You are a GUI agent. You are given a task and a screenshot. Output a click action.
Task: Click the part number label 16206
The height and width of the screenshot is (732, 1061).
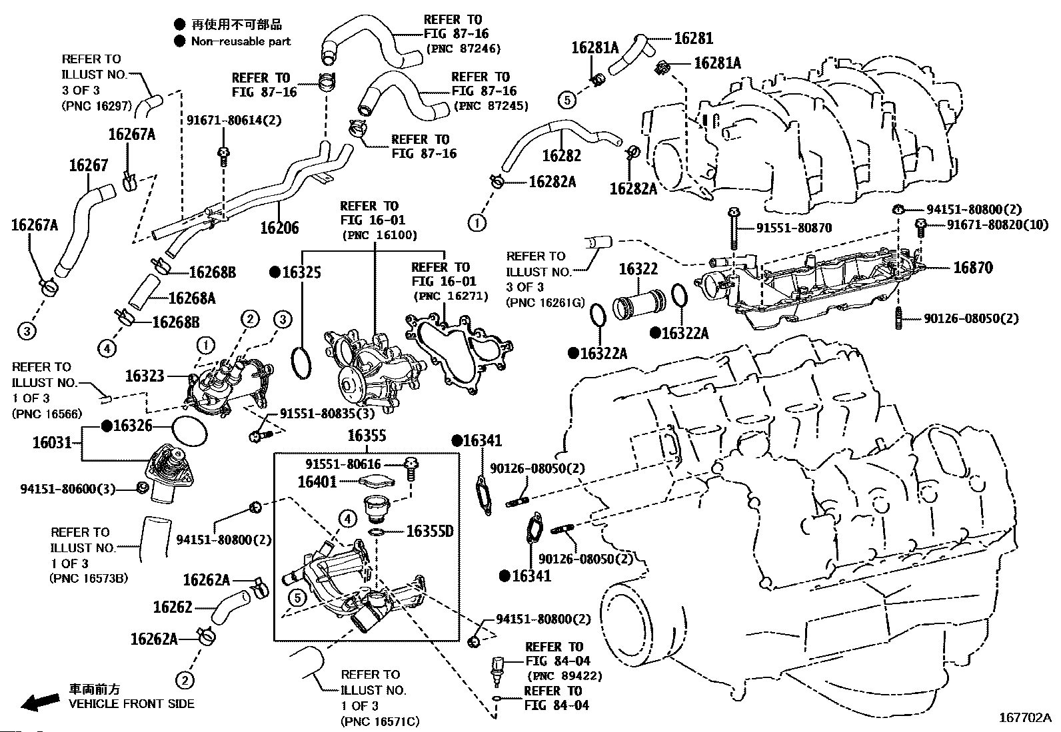click(x=279, y=228)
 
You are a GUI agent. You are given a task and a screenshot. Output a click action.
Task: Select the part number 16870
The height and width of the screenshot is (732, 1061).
click(x=972, y=268)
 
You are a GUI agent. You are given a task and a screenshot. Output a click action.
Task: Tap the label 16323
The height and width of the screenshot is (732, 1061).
click(x=145, y=376)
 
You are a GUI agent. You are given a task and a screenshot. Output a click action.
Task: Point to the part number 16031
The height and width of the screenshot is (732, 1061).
click(x=52, y=443)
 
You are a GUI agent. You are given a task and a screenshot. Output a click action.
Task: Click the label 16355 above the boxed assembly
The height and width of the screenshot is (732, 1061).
click(x=367, y=436)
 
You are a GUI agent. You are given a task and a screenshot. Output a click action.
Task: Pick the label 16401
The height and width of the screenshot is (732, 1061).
click(x=317, y=482)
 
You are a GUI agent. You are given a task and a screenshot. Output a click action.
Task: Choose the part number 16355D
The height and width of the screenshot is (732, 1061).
click(x=430, y=532)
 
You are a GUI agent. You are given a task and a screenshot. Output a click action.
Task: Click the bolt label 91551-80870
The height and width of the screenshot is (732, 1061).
click(x=794, y=228)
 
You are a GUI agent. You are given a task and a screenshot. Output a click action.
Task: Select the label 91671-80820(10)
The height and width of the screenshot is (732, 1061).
click(x=998, y=224)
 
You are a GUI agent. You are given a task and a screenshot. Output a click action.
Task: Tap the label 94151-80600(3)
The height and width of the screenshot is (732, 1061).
click(x=68, y=489)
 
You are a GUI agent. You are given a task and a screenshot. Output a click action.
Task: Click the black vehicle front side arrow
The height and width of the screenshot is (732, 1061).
click(x=40, y=702)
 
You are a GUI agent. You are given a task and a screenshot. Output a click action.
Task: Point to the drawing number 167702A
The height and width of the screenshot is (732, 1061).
click(x=1025, y=718)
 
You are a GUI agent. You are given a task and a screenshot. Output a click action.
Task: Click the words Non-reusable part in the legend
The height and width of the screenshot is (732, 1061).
click(x=241, y=42)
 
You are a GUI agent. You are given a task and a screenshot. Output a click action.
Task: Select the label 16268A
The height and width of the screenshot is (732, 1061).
click(x=192, y=298)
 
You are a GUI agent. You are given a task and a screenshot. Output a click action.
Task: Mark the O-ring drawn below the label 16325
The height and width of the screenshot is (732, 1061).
click(x=302, y=364)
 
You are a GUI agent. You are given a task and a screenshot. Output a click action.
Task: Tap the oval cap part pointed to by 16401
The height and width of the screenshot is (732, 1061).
click(x=377, y=482)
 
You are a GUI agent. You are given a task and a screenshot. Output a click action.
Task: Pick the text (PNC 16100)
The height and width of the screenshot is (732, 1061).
click(x=379, y=235)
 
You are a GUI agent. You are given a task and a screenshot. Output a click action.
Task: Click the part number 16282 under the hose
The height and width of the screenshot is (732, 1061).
click(x=561, y=156)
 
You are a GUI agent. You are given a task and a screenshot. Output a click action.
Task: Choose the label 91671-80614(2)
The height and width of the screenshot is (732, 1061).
click(x=234, y=121)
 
